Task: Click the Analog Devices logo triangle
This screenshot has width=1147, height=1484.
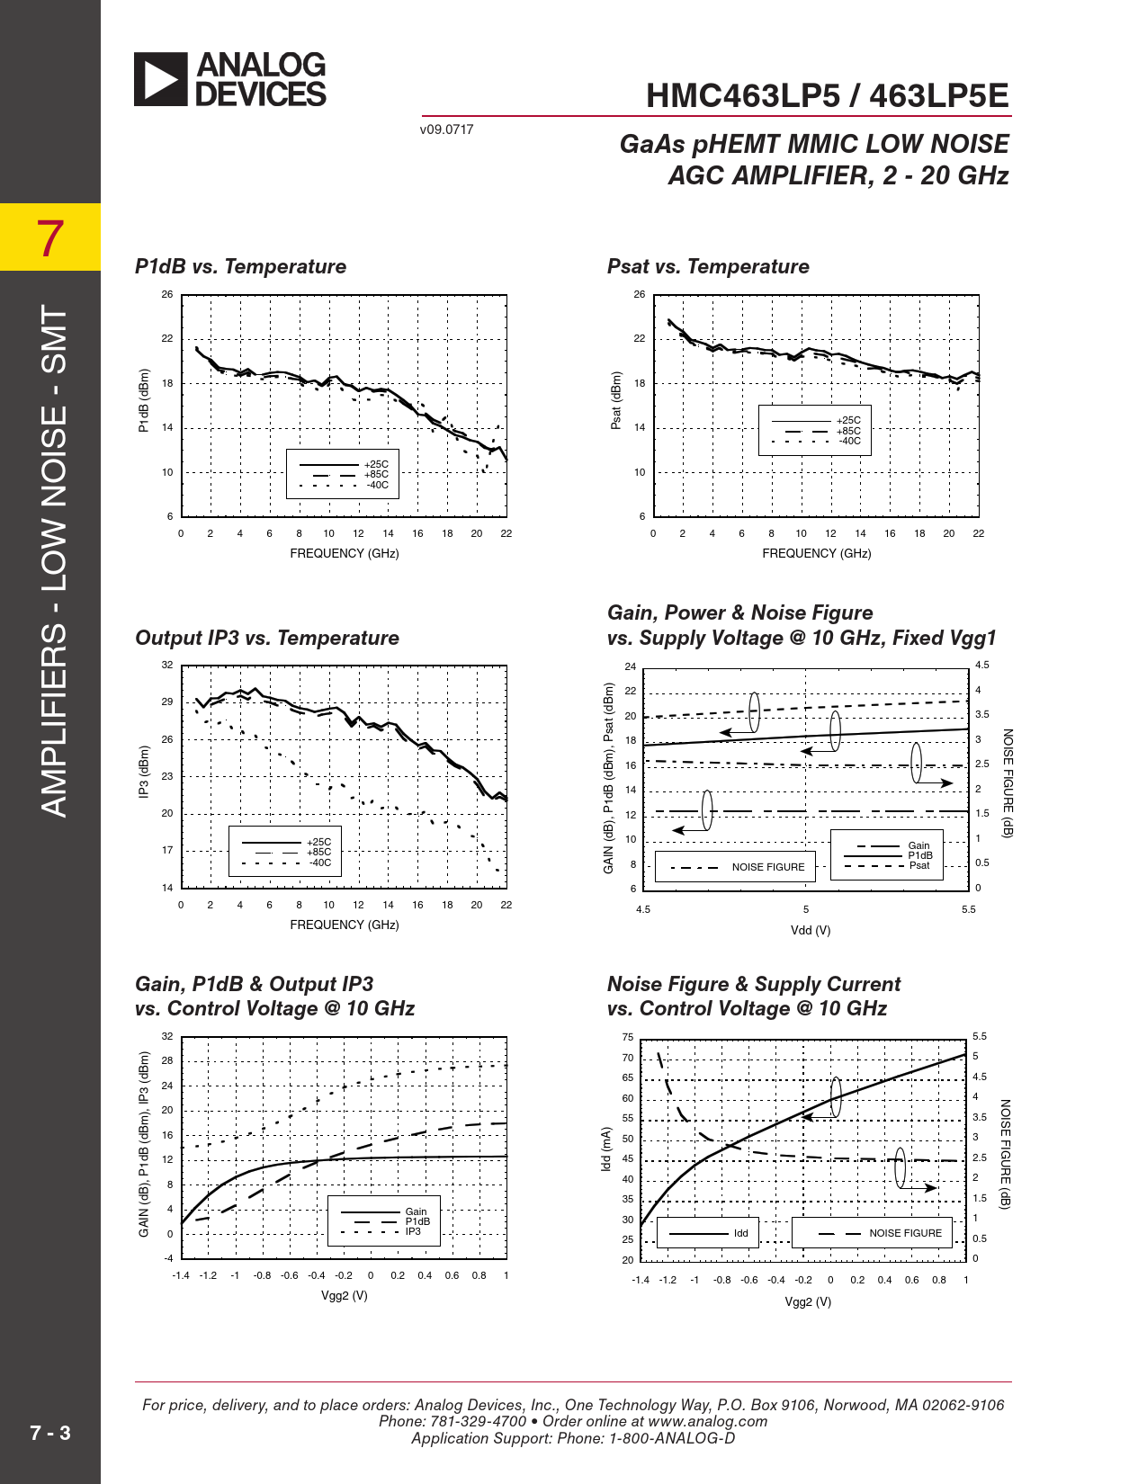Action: pyautogui.click(x=160, y=79)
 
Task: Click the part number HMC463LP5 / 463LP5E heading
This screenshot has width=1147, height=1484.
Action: pyautogui.click(x=827, y=96)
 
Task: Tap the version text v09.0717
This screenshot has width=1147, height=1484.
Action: pyautogui.click(x=446, y=130)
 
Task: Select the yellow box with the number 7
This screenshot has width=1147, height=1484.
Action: pyautogui.click(x=50, y=237)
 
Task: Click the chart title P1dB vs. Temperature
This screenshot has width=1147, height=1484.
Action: pyautogui.click(x=240, y=266)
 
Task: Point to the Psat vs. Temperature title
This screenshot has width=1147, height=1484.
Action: pyautogui.click(x=708, y=266)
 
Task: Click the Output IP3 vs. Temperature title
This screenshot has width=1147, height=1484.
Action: pyautogui.click(x=267, y=638)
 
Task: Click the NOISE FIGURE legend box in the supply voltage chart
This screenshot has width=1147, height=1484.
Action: pyautogui.click(x=735, y=867)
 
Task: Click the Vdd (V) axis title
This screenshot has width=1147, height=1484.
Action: pyautogui.click(x=811, y=930)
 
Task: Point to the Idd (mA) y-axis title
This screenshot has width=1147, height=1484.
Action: pyautogui.click(x=606, y=1149)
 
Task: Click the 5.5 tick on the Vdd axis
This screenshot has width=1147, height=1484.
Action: pyautogui.click(x=968, y=909)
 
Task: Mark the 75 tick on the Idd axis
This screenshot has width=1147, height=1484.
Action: pyautogui.click(x=627, y=1037)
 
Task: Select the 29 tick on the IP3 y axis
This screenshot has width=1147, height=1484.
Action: pyautogui.click(x=167, y=702)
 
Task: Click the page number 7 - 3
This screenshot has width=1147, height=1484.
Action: pyautogui.click(x=50, y=1433)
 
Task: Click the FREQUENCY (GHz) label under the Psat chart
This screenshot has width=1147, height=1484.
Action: pyautogui.click(x=816, y=553)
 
